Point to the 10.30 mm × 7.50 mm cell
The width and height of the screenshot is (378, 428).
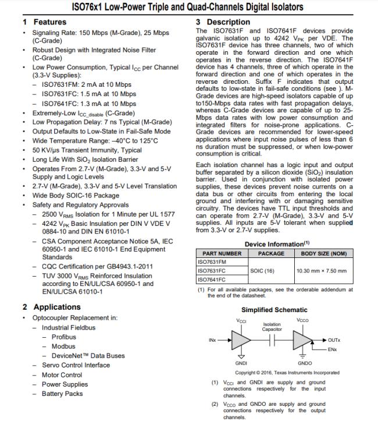[x=321, y=271]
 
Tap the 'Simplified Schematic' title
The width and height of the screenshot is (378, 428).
[x=274, y=310]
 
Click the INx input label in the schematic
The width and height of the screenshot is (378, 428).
[x=212, y=339]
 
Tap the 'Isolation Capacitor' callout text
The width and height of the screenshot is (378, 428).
[x=272, y=327]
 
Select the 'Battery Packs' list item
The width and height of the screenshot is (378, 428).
[x=62, y=394]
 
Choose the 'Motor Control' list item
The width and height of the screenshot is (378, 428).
[x=62, y=375]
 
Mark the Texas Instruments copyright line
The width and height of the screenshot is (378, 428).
[x=287, y=372]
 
